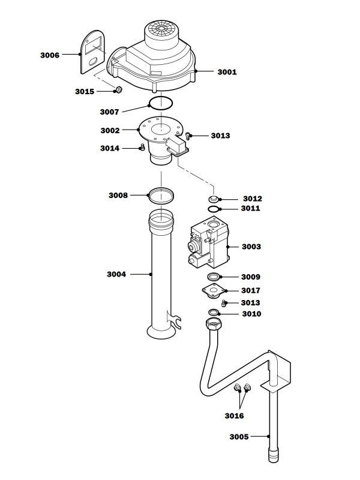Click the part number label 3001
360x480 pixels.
pyautogui.click(x=227, y=72)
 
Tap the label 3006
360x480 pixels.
pyautogui.click(x=50, y=55)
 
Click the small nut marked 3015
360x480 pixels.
pyautogui.click(x=119, y=90)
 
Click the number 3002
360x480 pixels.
pyautogui.click(x=110, y=130)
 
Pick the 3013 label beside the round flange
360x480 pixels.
pyautogui.click(x=220, y=136)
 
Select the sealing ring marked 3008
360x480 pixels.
pyautogui.click(x=161, y=194)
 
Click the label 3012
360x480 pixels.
pyautogui.click(x=252, y=199)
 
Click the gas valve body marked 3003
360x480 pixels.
pyautogui.click(x=208, y=247)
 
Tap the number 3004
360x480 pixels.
pyautogui.click(x=116, y=274)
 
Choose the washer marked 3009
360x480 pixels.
pyautogui.click(x=214, y=277)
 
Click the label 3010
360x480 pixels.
pyautogui.click(x=252, y=314)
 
